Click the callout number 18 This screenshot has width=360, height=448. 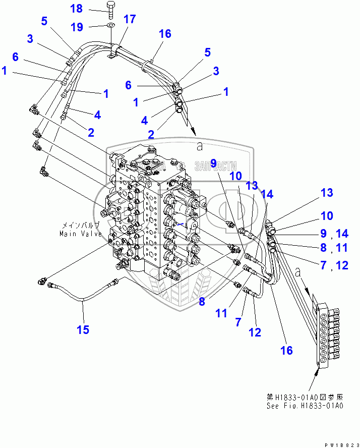(x=76, y=9)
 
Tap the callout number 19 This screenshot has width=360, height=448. (x=76, y=26)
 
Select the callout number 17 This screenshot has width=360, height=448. (x=130, y=20)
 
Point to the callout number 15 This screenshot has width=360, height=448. (x=83, y=330)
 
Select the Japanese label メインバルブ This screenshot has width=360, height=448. (x=80, y=226)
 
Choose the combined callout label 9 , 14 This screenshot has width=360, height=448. (x=335, y=234)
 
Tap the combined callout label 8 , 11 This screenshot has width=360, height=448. (x=335, y=248)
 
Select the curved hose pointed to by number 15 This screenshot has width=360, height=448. (x=83, y=293)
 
